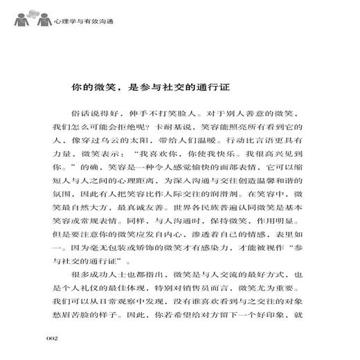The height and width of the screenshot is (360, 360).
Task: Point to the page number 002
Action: click(55, 337)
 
